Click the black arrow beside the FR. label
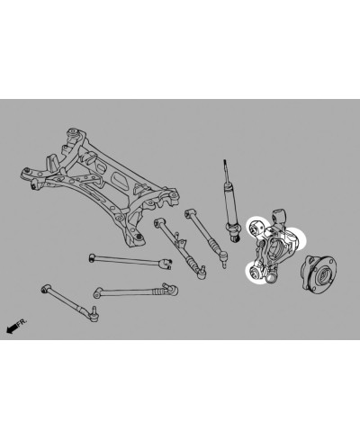click(11, 328)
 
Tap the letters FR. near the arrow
click(22, 322)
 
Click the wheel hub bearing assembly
click(319, 273)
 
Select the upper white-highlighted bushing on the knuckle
click(256, 226)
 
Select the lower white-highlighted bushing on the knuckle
click(256, 273)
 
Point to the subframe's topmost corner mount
click(73, 132)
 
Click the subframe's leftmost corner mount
click(28, 173)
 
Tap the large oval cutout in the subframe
click(120, 181)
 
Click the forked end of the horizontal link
click(166, 264)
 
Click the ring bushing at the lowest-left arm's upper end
click(45, 288)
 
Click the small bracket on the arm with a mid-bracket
click(180, 240)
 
